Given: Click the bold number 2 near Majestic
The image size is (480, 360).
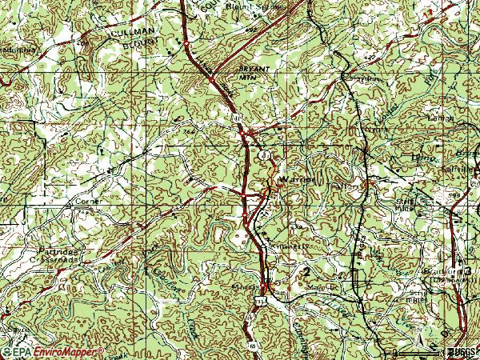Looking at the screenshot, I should (306, 273).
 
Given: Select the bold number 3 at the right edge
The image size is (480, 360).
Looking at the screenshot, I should (469, 270).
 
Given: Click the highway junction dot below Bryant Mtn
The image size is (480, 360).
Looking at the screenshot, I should (211, 80).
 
